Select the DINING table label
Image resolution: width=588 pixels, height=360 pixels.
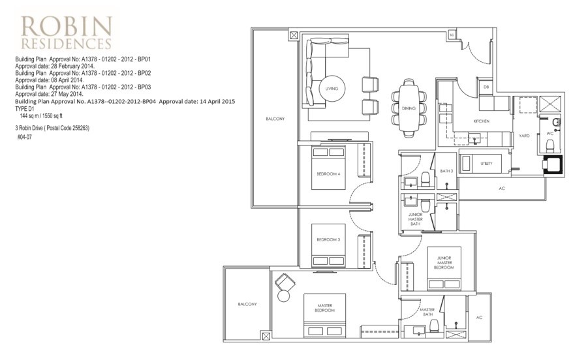click(409, 108)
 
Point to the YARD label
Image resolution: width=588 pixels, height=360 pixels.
click(523, 136)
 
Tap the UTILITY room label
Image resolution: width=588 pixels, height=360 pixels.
click(486, 164)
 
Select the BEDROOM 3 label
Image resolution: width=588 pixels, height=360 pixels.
click(328, 240)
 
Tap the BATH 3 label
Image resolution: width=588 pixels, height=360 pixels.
click(446, 171)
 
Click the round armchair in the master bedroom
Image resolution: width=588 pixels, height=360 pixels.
click(284, 288)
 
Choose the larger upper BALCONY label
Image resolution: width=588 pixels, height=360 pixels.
click(274, 119)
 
